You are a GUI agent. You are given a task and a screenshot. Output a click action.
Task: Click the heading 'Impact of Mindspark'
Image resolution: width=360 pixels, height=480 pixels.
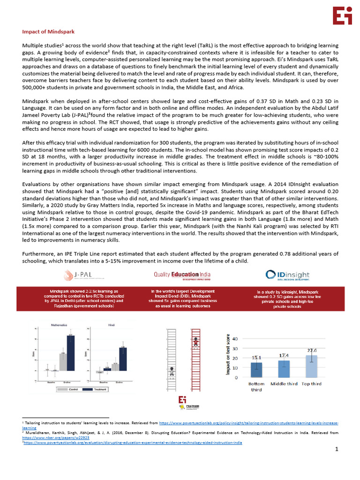tap(48, 31)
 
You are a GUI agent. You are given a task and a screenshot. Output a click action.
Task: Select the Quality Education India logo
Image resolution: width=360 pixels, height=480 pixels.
tap(182, 275)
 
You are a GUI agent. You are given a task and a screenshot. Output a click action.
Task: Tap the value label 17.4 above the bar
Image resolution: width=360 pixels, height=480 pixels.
tap(284, 356)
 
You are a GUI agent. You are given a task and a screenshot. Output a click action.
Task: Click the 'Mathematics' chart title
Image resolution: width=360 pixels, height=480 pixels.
tap(58, 324)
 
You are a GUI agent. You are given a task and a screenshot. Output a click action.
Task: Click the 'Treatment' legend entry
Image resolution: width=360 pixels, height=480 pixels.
tap(93, 390)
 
